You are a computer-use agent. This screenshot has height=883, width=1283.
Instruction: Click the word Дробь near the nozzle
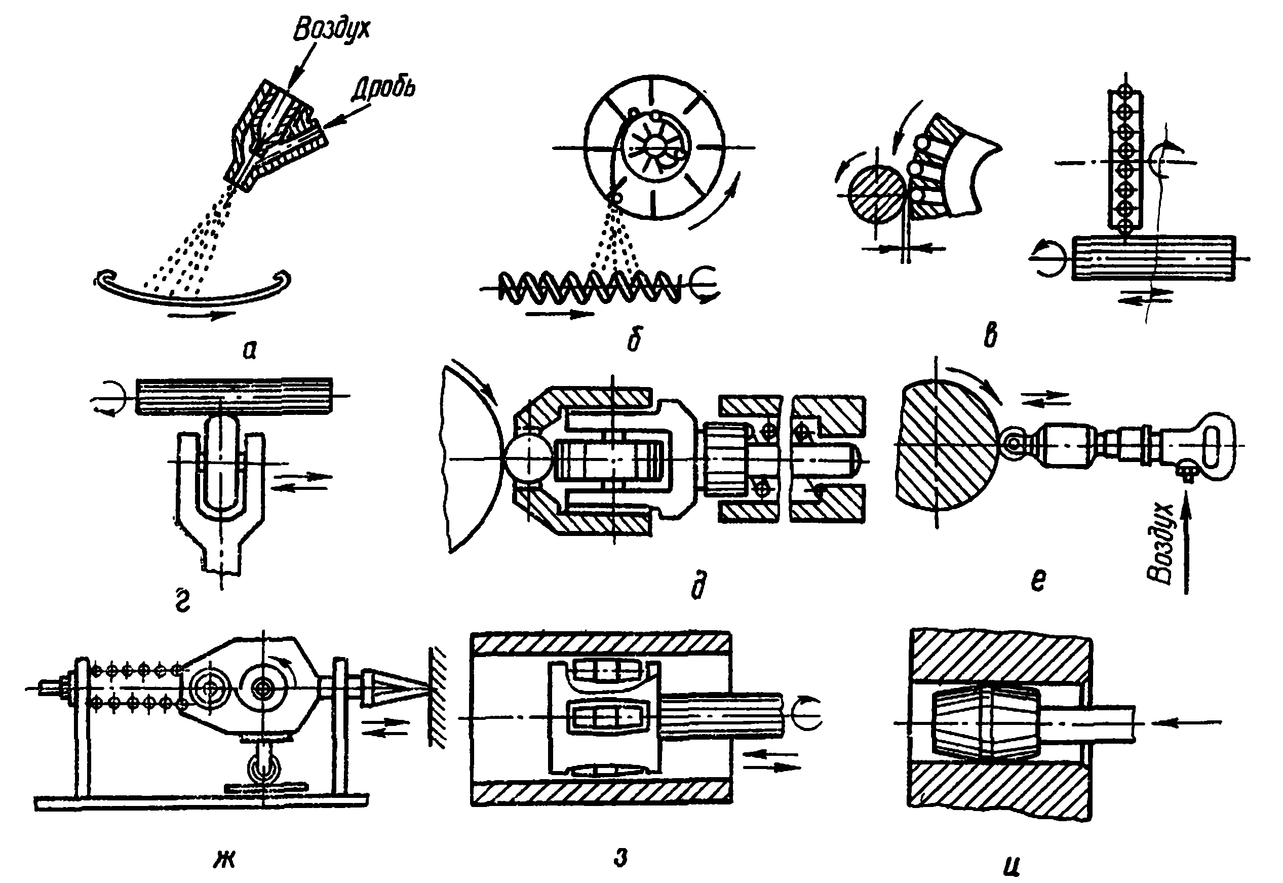click(x=383, y=89)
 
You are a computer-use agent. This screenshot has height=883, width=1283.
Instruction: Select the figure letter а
click(x=250, y=350)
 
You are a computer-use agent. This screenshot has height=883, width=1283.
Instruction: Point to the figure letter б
click(x=634, y=340)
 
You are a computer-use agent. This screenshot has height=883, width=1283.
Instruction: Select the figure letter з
click(x=621, y=858)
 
